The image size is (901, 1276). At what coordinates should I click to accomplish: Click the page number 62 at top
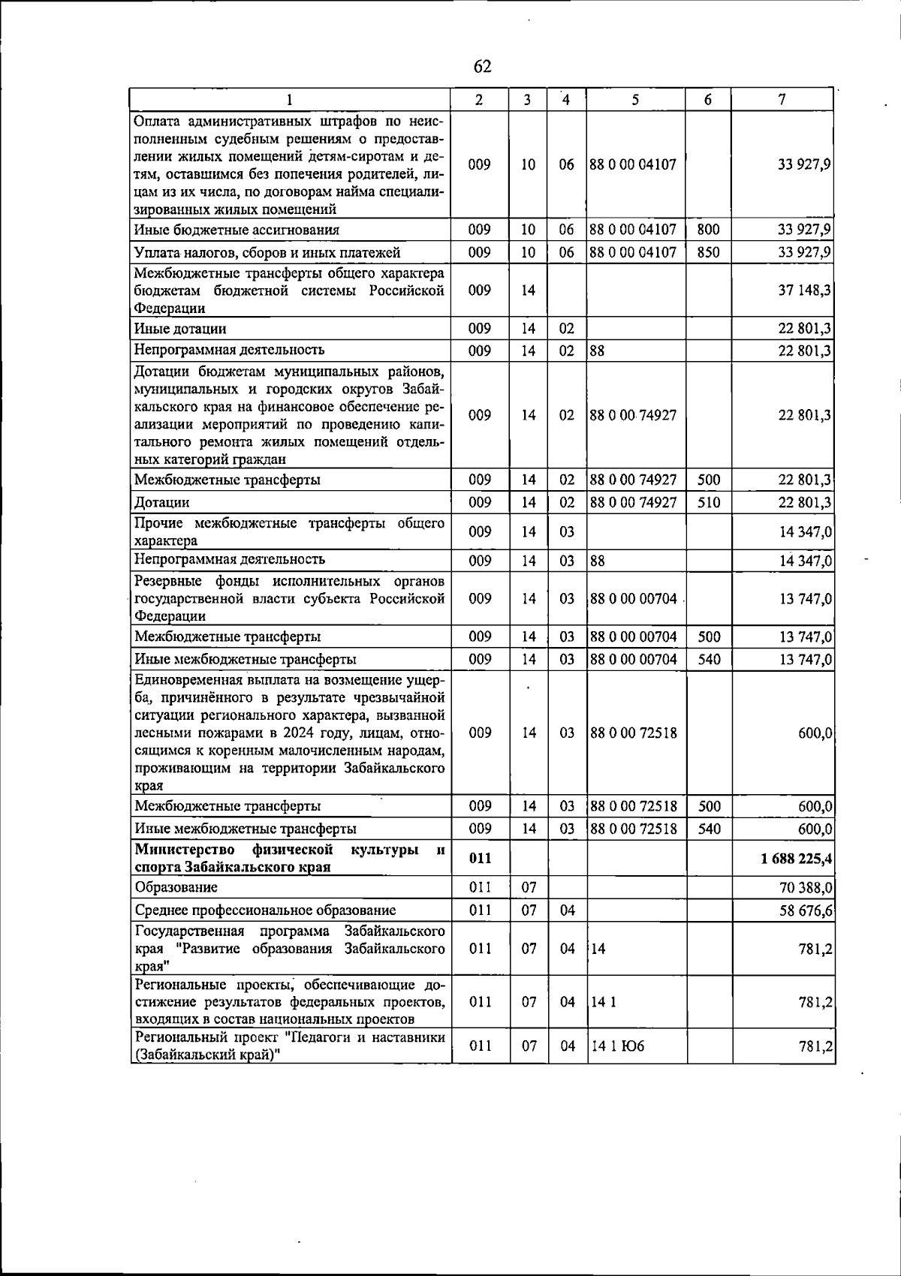[482, 67]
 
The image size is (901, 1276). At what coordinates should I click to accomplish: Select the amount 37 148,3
[805, 290]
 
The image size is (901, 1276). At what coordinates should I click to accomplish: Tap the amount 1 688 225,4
[797, 858]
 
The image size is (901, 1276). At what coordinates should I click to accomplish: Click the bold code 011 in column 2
[480, 858]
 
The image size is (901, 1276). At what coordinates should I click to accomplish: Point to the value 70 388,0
[805, 888]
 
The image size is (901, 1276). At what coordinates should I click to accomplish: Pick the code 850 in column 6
[708, 252]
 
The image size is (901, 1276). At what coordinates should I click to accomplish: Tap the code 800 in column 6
[708, 230]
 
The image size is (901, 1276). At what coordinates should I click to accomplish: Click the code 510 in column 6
[708, 502]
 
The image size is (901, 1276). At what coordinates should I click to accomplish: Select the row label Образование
[176, 887]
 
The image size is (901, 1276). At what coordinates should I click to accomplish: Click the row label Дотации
[161, 502]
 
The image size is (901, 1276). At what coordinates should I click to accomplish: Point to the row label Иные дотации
[180, 329]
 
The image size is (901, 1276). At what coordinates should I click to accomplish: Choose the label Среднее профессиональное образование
[265, 910]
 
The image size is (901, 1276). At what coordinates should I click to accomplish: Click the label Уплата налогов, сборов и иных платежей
[267, 252]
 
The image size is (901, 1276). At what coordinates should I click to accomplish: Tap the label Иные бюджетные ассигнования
[237, 230]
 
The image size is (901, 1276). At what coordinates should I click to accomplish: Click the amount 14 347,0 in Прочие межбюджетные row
[805, 531]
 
